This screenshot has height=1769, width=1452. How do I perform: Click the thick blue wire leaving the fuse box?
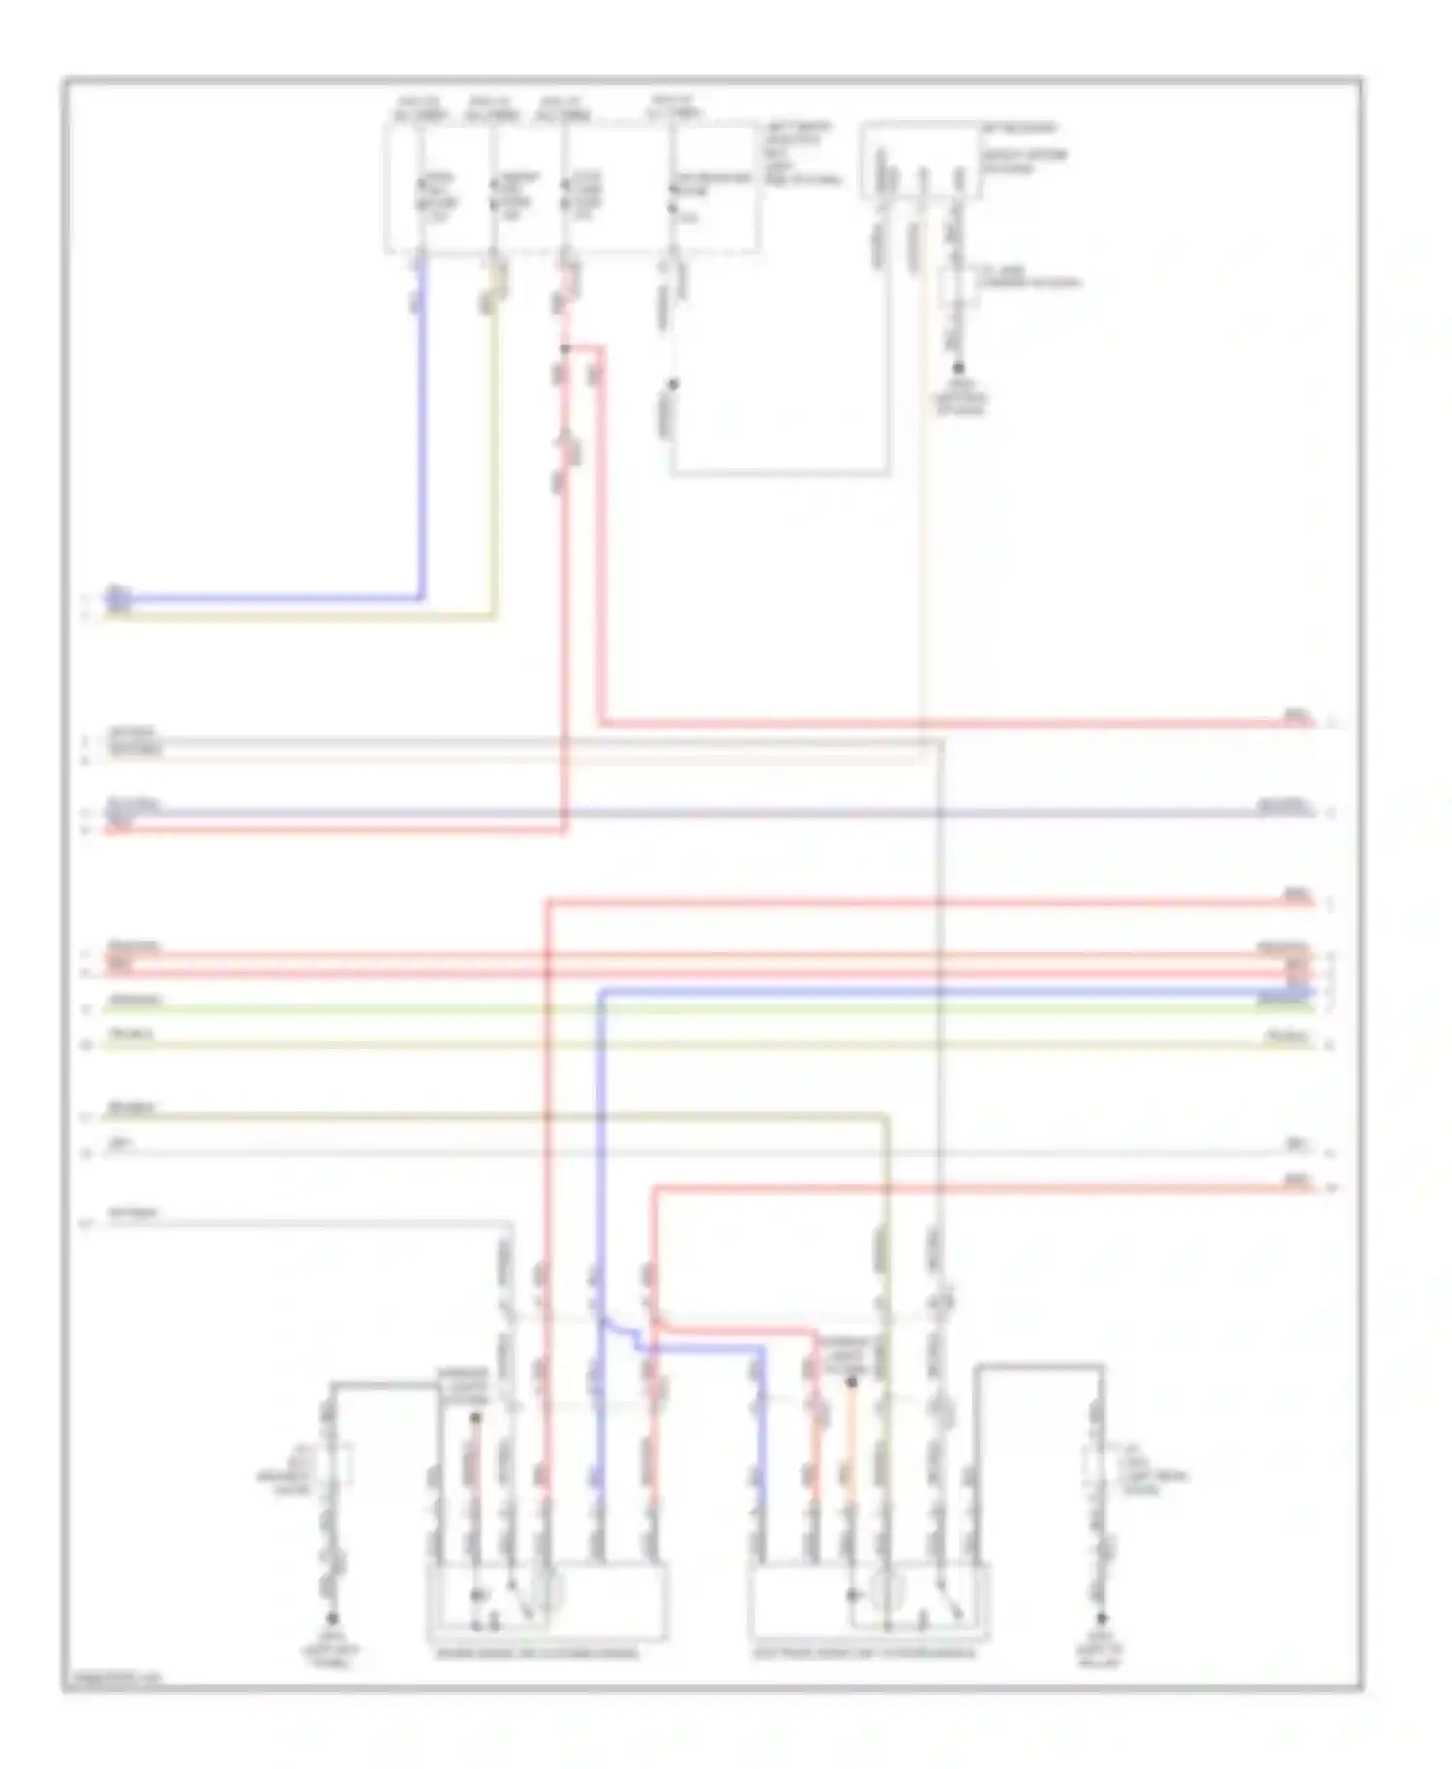421,435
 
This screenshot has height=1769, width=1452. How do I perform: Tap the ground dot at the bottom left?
332,1617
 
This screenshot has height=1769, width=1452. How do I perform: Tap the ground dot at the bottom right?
1101,1617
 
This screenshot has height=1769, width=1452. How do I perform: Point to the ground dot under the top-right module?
959,369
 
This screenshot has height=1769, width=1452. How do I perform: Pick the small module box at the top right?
920,161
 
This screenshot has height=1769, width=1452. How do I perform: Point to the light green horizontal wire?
707,1009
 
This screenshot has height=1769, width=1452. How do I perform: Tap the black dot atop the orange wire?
851,1382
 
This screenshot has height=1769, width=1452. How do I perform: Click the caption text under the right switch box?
864,1653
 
